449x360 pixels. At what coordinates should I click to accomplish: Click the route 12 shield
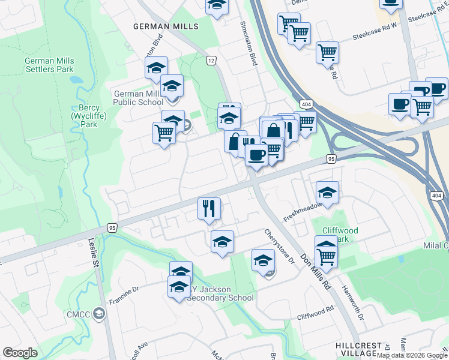click(211, 61)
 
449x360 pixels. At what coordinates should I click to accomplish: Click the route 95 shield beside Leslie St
click(112, 228)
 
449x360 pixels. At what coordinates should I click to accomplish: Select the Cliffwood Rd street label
click(315, 314)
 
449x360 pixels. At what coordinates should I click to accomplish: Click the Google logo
click(20, 353)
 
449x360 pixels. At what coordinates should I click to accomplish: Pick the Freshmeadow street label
click(302, 211)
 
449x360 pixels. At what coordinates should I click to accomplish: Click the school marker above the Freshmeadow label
click(327, 193)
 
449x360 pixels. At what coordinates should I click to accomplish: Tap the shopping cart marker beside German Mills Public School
click(164, 133)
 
